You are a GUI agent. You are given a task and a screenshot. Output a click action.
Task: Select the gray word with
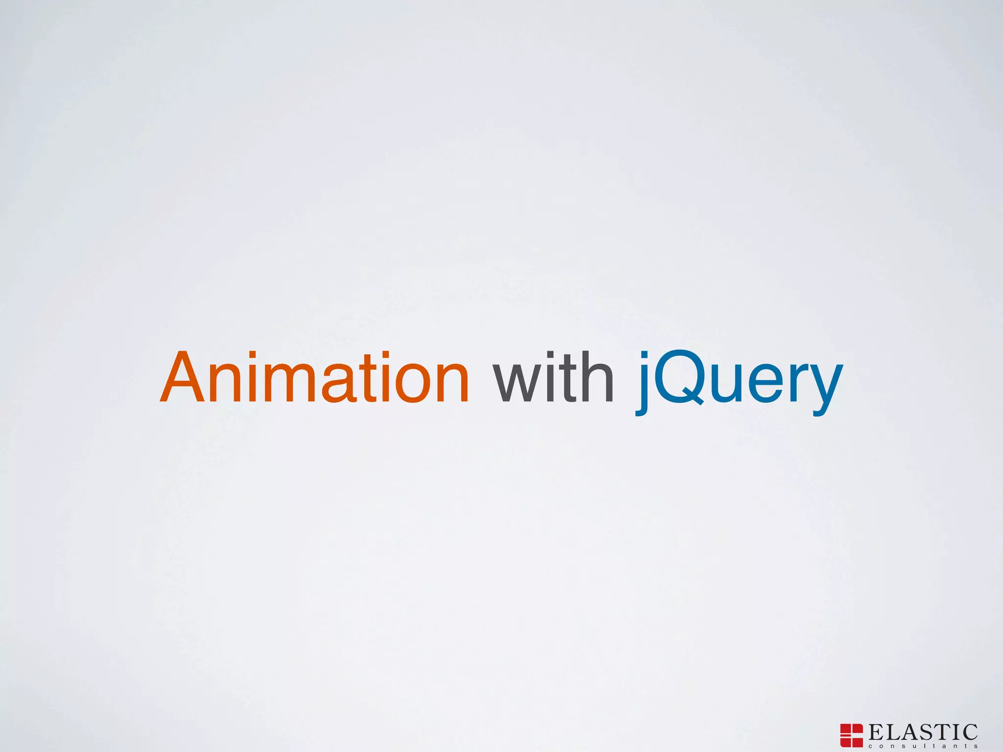click(553, 378)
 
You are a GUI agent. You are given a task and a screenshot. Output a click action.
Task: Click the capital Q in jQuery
click(678, 378)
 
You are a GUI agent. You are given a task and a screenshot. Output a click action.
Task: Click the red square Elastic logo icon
click(851, 735)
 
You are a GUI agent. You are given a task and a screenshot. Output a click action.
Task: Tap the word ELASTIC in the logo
click(923, 732)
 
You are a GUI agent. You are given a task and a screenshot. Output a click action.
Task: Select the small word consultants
click(923, 746)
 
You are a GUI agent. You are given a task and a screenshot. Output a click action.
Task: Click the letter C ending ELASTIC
click(969, 732)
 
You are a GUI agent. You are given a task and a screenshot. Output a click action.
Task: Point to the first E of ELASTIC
click(877, 732)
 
